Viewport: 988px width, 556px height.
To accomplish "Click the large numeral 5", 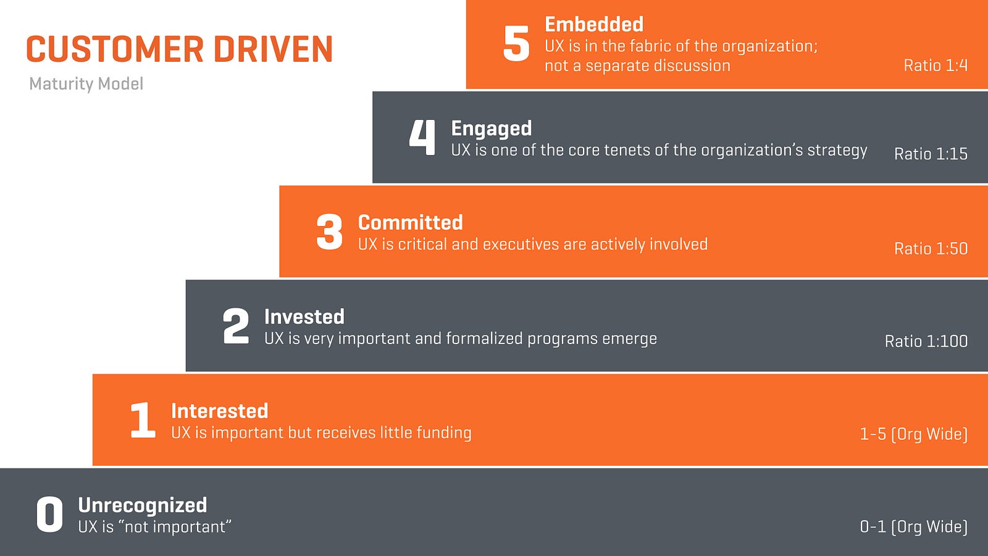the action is pyautogui.click(x=516, y=43).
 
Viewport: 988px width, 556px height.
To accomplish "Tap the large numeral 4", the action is pyautogui.click(x=422, y=137).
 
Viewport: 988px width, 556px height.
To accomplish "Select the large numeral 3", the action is pyautogui.click(x=329, y=232).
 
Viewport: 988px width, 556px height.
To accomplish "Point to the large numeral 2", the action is pyautogui.click(x=235, y=326).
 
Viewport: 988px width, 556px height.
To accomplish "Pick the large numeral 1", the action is pyautogui.click(x=143, y=419).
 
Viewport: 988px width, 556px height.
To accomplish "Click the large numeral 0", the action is pyautogui.click(x=49, y=514).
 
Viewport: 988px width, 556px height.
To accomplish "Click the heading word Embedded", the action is pyautogui.click(x=593, y=24).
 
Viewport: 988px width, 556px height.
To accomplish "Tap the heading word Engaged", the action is pyautogui.click(x=492, y=129).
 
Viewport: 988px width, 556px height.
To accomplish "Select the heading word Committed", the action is pyautogui.click(x=410, y=222).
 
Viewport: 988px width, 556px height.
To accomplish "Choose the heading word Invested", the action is pyautogui.click(x=304, y=317).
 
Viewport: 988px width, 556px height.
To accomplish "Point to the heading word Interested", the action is pyautogui.click(x=219, y=411).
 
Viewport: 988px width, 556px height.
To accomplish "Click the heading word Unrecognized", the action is pyautogui.click(x=142, y=506).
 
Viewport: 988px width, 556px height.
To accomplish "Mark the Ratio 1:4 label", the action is pyautogui.click(x=936, y=65).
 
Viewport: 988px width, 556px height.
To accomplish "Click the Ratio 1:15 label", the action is pyautogui.click(x=931, y=154).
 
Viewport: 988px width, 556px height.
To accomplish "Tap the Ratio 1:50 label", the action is pyautogui.click(x=931, y=248).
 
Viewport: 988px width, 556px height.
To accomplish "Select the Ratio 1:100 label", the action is pyautogui.click(x=926, y=341).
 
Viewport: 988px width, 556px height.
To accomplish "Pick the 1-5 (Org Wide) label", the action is pyautogui.click(x=913, y=434).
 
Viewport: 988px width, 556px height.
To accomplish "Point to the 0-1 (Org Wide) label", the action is pyautogui.click(x=913, y=527).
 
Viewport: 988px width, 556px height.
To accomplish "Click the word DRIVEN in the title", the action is pyautogui.click(x=273, y=49).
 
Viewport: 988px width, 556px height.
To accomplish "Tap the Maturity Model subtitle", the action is pyautogui.click(x=86, y=84).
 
